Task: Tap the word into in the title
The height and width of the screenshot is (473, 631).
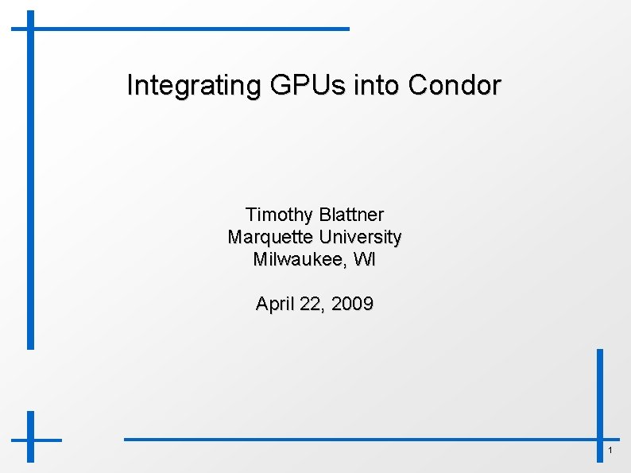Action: [x=377, y=85]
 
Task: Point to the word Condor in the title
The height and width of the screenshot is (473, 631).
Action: [x=455, y=85]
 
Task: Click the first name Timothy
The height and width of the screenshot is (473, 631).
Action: [x=279, y=215]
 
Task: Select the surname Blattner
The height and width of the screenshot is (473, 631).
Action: [x=350, y=215]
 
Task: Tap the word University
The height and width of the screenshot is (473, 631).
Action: [x=360, y=237]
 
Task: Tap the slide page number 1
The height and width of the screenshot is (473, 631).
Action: [x=610, y=452]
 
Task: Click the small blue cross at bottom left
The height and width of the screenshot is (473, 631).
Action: [x=31, y=438]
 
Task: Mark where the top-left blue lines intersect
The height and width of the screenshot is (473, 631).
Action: [x=31, y=29]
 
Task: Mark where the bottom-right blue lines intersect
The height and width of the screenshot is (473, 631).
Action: [x=600, y=438]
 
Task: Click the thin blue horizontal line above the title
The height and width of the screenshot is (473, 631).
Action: [x=191, y=29]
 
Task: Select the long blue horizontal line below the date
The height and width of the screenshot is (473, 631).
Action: [x=358, y=438]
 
